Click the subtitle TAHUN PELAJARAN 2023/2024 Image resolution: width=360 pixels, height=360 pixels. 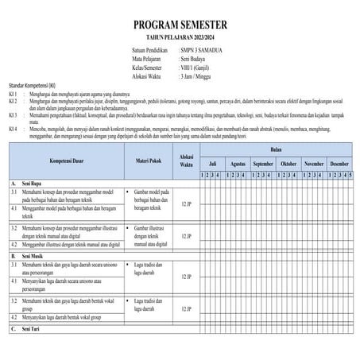click(x=180, y=37)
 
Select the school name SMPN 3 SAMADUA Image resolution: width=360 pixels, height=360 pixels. click(x=201, y=51)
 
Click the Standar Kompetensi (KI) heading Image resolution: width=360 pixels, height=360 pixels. click(x=32, y=85)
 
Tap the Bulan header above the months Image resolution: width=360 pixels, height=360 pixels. click(x=276, y=149)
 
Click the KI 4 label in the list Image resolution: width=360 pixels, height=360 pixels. click(x=14, y=128)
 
